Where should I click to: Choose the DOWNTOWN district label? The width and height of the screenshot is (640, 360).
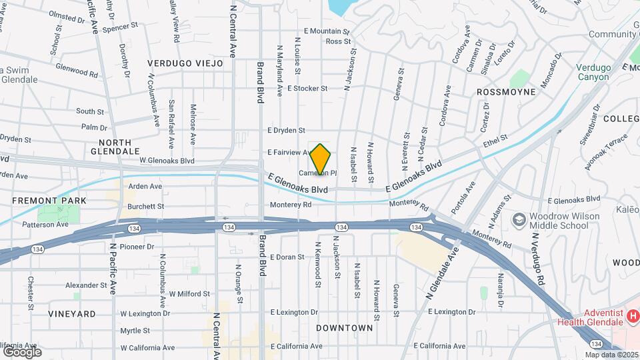point(344,328)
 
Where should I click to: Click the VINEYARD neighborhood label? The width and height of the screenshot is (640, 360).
point(71,313)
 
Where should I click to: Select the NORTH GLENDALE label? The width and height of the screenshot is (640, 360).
point(119,147)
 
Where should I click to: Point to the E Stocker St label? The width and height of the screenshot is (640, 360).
point(307,88)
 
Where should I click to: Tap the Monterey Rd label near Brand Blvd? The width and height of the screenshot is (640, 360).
point(291,205)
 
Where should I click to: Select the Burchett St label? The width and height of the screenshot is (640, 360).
point(146,207)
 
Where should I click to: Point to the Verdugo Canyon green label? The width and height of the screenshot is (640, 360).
point(593,72)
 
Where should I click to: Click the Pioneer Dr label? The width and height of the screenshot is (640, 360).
point(137,247)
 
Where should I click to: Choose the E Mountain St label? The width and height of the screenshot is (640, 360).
point(327,31)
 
